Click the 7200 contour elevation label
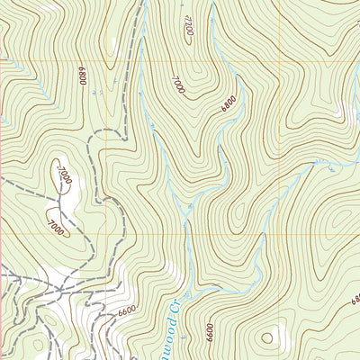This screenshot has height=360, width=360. click(x=187, y=26)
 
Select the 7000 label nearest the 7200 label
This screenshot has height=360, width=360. click(x=177, y=85)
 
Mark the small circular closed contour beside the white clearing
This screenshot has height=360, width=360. click(x=266, y=339)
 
